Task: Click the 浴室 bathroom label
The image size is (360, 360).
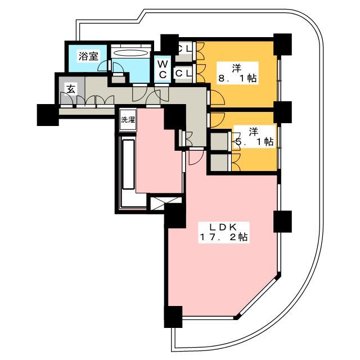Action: (x=88, y=56)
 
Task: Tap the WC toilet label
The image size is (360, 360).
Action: (x=163, y=70)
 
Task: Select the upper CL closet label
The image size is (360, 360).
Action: (x=184, y=48)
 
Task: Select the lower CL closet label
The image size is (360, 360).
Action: (x=184, y=74)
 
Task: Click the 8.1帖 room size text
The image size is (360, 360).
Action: (x=237, y=79)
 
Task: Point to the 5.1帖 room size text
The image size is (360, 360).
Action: (x=255, y=142)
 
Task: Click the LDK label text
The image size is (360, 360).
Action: (x=223, y=227)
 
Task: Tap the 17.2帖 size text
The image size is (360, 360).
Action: (x=223, y=237)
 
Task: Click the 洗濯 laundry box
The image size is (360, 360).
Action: (x=128, y=120)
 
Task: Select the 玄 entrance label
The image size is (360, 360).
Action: (x=71, y=89)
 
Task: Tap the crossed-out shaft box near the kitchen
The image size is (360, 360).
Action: (x=165, y=203)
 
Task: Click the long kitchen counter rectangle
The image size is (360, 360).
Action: (x=128, y=164)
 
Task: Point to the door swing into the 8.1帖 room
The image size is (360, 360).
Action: (x=217, y=98)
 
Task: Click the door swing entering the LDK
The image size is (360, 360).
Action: (x=196, y=157)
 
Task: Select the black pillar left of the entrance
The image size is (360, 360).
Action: (x=48, y=115)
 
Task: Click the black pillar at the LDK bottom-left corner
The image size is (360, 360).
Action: (x=173, y=317)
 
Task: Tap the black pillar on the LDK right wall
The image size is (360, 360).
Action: (x=282, y=222)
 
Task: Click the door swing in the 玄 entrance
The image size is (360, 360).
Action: (x=66, y=98)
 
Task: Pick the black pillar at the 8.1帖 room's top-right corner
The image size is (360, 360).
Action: (x=282, y=44)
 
